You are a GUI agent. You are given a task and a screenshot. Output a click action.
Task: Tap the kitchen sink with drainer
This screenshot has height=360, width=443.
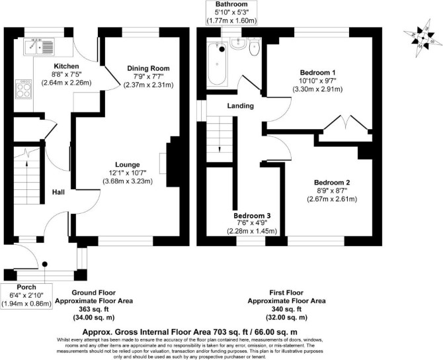tap(39, 47)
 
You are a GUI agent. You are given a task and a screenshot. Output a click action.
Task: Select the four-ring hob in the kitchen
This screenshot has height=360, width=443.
tap(23, 89)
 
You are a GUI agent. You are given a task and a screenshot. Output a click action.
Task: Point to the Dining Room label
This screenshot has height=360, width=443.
tap(148, 68)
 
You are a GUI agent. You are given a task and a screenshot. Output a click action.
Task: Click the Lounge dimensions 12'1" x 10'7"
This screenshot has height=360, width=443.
tap(128, 173)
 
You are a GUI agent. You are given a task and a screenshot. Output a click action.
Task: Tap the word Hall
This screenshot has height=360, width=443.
tap(58, 193)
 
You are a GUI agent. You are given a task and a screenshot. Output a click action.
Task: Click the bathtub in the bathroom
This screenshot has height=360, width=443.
tap(217, 65)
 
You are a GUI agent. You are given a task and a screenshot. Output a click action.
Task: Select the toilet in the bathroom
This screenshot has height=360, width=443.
tap(255, 47)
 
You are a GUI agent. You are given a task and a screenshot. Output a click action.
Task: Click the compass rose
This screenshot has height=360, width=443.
tap(423, 38)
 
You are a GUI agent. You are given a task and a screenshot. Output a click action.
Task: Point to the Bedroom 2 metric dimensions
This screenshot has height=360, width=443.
tap(332, 199)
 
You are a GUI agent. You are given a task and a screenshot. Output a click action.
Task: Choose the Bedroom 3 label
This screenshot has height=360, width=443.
tap(252, 216)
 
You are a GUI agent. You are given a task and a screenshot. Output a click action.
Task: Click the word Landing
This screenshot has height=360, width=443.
tap(241, 106)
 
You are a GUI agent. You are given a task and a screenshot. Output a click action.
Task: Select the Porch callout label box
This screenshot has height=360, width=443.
tap(26, 296)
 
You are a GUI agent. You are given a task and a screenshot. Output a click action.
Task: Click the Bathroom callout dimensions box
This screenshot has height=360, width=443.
tap(231, 13)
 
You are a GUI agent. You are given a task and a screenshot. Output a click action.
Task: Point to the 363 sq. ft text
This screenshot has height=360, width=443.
tap(94, 308)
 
